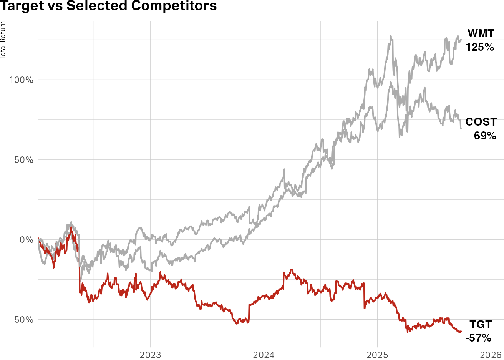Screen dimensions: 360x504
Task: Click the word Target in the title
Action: [21, 6]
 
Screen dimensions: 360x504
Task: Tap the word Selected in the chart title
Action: [99, 6]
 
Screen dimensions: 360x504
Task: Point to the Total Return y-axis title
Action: [3, 40]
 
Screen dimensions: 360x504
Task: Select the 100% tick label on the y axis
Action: [21, 80]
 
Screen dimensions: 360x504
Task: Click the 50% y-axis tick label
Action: [24, 160]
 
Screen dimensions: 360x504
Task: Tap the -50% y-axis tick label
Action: [22, 320]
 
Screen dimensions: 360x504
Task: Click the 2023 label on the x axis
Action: [150, 354]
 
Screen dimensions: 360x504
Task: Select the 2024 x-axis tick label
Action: [264, 354]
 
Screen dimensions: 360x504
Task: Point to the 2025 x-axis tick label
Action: [377, 354]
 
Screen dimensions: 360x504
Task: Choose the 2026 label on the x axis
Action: [491, 354]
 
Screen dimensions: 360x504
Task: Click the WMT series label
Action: [481, 34]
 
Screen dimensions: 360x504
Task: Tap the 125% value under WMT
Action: [480, 47]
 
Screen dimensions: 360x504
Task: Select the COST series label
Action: [481, 122]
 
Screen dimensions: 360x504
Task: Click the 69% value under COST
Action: [485, 136]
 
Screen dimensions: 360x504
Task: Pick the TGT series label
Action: [481, 324]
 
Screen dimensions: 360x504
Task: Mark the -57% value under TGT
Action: [478, 338]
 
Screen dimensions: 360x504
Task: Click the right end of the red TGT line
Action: [461, 331]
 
